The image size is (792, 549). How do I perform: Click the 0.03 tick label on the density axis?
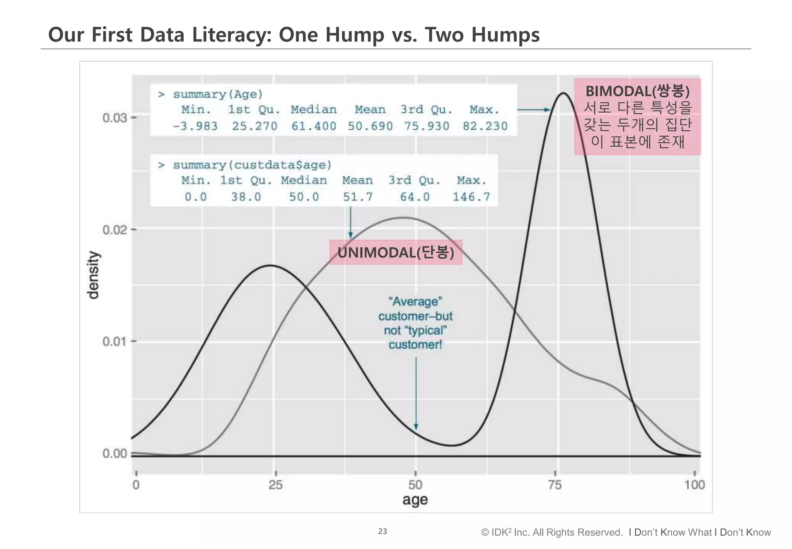pyautogui.click(x=114, y=118)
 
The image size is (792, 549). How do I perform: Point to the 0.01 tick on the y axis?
pyautogui.click(x=114, y=342)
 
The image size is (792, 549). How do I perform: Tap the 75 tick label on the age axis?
pyautogui.click(x=555, y=485)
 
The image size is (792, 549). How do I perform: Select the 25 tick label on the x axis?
pyautogui.click(x=275, y=485)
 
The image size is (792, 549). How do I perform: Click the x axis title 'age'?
pyautogui.click(x=415, y=500)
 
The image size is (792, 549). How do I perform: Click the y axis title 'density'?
pyautogui.click(x=93, y=275)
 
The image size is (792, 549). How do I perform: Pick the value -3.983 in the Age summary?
pyautogui.click(x=195, y=126)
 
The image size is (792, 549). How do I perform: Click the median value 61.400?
pyautogui.click(x=314, y=126)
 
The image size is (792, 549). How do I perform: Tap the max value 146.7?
pyautogui.click(x=471, y=197)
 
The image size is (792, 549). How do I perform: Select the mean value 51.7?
pyautogui.click(x=358, y=197)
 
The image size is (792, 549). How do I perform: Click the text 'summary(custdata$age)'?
pyautogui.click(x=252, y=165)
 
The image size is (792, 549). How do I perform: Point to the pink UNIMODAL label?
pyautogui.click(x=396, y=252)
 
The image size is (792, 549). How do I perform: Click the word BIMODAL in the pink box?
pyautogui.click(x=618, y=91)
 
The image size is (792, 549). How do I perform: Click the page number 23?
pyautogui.click(x=382, y=532)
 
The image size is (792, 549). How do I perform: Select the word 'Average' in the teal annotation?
pyautogui.click(x=415, y=301)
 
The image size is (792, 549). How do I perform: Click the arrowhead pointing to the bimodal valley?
pyautogui.click(x=416, y=427)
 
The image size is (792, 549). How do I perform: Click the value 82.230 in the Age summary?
pyautogui.click(x=485, y=126)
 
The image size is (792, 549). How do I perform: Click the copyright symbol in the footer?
pyautogui.click(x=485, y=533)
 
